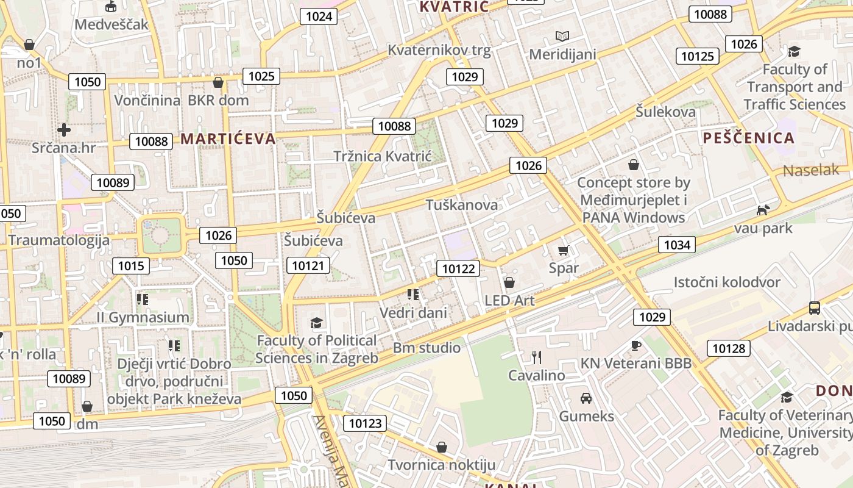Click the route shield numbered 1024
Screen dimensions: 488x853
click(319, 16)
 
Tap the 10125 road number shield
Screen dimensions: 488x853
click(697, 57)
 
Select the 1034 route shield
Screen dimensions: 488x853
click(677, 245)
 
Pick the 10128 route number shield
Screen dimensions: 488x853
click(728, 348)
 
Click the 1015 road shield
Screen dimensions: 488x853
click(131, 265)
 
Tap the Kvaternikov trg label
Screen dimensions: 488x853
click(439, 50)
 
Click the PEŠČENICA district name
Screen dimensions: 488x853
click(749, 138)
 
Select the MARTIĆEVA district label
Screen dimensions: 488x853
click(228, 139)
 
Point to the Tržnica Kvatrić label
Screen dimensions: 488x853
click(382, 157)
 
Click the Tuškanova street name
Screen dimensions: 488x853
click(462, 205)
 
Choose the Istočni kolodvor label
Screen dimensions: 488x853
click(726, 282)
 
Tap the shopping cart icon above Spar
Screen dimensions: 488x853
click(563, 250)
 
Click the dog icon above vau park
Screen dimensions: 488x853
click(762, 210)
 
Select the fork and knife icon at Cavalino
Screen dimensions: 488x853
click(536, 357)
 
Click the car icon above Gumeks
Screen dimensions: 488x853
click(586, 398)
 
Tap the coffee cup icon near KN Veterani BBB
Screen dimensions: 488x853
click(636, 345)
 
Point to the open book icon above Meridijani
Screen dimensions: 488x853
click(562, 37)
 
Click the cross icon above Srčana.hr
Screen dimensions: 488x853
click(64, 129)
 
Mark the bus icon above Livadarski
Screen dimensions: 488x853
click(814, 307)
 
